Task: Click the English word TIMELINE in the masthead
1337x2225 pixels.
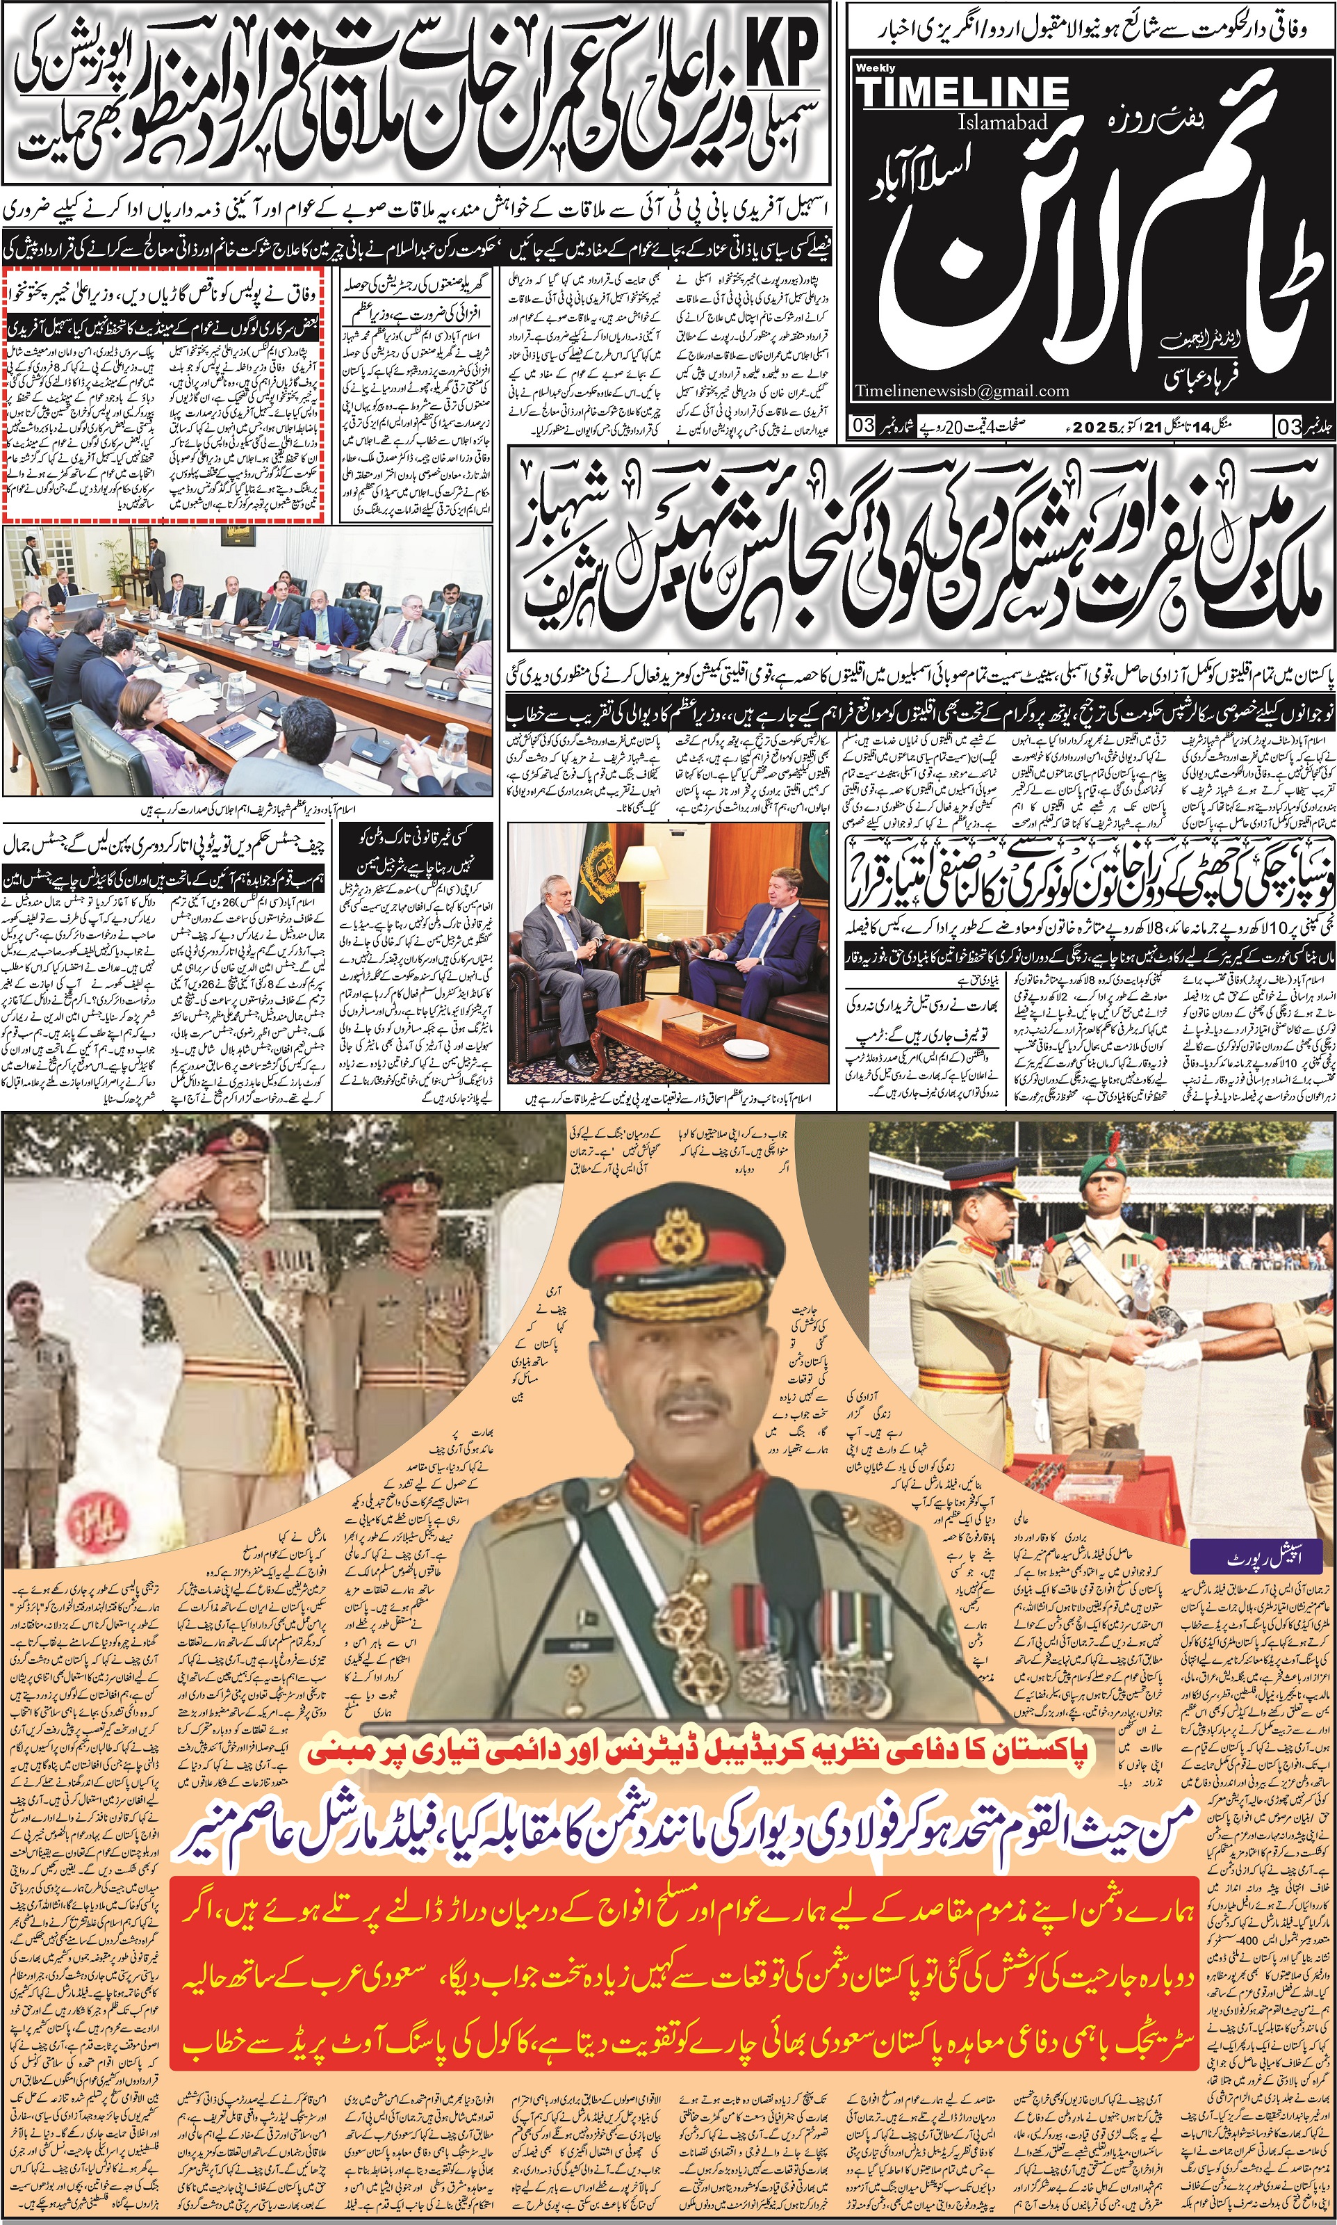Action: pos(962,91)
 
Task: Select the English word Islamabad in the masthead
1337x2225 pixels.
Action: pos(1003,122)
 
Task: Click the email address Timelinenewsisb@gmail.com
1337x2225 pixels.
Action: pos(962,391)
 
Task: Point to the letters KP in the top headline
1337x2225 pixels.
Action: pos(781,52)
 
